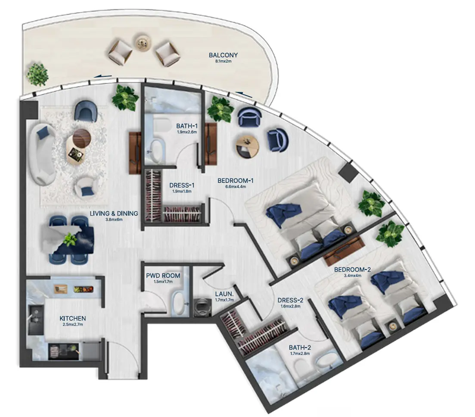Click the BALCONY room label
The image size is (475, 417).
pos(223,55)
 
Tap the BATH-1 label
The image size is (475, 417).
pos(186,126)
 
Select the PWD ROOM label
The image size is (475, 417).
pos(163,276)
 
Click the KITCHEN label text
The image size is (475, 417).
pos(73,318)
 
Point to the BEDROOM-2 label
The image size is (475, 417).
pos(352,270)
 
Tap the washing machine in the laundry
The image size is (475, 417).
pos(201,307)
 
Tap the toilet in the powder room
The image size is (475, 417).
pos(178,303)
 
